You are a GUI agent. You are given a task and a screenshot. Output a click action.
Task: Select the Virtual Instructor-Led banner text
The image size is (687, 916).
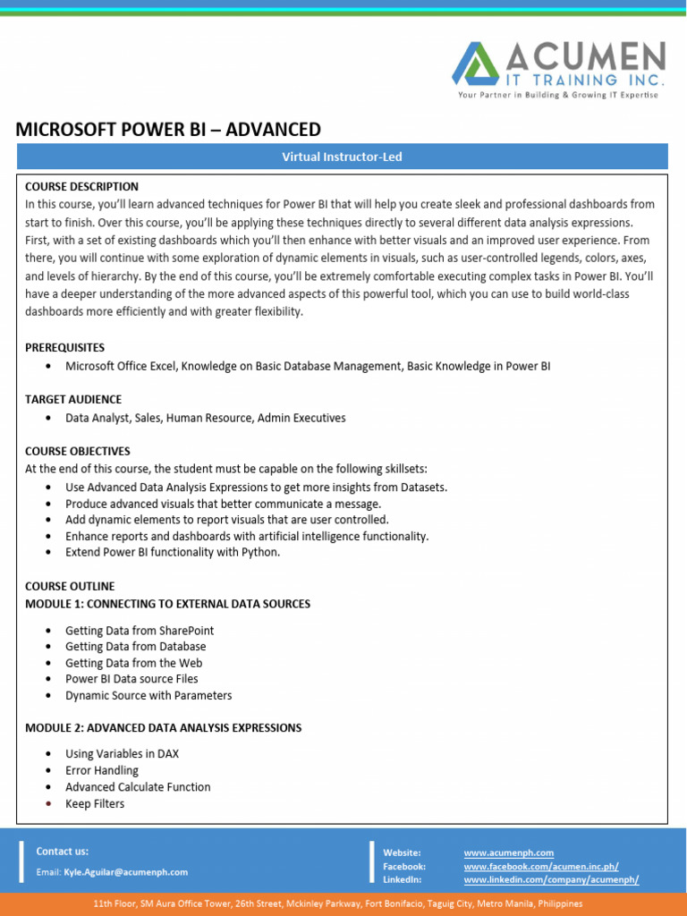pos(343,157)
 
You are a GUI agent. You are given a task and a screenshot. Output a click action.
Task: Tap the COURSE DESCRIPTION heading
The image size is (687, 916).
pos(81,187)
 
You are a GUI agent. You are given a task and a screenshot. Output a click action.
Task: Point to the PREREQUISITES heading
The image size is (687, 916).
pos(64,347)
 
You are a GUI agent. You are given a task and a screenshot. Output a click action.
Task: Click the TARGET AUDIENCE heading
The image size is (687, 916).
pos(73,399)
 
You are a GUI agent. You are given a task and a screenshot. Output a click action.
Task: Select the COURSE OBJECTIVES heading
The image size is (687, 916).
pos(78,451)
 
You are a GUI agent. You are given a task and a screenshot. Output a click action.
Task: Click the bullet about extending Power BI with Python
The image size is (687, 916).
pos(173,552)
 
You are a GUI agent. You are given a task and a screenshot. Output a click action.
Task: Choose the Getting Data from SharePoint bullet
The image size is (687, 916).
pos(140,631)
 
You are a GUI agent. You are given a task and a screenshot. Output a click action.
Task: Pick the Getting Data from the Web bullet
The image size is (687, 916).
pos(133,663)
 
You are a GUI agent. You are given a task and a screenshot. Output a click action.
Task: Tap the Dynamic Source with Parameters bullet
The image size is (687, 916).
pos(148,695)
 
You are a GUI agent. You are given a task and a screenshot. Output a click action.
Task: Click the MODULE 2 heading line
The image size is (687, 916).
pos(163,727)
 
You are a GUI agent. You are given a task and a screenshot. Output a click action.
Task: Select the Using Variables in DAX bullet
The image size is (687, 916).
pos(122,754)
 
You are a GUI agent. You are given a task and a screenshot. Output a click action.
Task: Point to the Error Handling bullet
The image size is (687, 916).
pos(102,770)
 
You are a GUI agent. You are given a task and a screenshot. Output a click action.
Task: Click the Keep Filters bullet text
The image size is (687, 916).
pos(95,803)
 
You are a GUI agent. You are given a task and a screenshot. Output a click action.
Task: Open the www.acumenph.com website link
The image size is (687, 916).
pos(508,853)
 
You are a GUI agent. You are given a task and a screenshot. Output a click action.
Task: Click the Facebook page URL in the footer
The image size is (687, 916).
pos(540,867)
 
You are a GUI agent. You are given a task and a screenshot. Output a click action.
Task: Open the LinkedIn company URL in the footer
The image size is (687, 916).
pos(551,880)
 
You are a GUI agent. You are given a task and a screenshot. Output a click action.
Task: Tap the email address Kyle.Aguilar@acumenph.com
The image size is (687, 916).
pos(126,871)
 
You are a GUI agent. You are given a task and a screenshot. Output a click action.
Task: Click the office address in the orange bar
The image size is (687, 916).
pos(343,904)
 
